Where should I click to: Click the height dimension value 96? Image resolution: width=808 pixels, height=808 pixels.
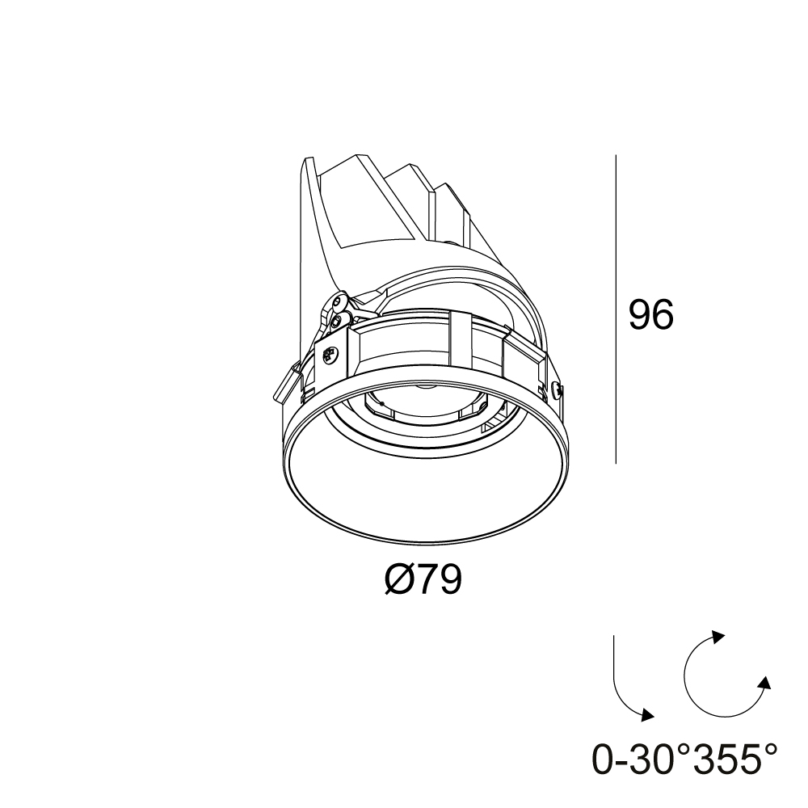650,314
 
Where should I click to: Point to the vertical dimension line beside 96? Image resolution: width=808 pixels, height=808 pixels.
617,309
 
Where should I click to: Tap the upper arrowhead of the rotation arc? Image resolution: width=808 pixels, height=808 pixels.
718,637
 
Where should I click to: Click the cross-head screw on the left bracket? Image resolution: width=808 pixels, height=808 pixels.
330,355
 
